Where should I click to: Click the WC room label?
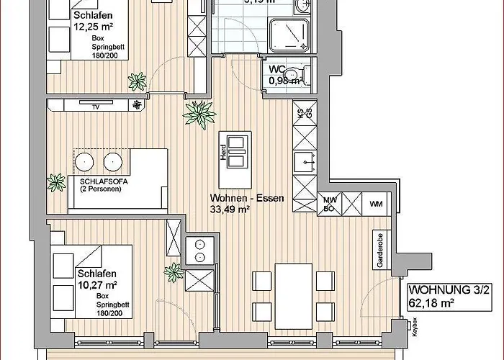(277, 69)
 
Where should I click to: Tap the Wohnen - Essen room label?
(242, 198)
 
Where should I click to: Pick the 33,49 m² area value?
(230, 210)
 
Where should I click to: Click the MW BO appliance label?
(330, 204)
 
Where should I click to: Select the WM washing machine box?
(376, 204)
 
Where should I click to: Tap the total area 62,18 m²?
(431, 303)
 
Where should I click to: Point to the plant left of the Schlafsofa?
(55, 181)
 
